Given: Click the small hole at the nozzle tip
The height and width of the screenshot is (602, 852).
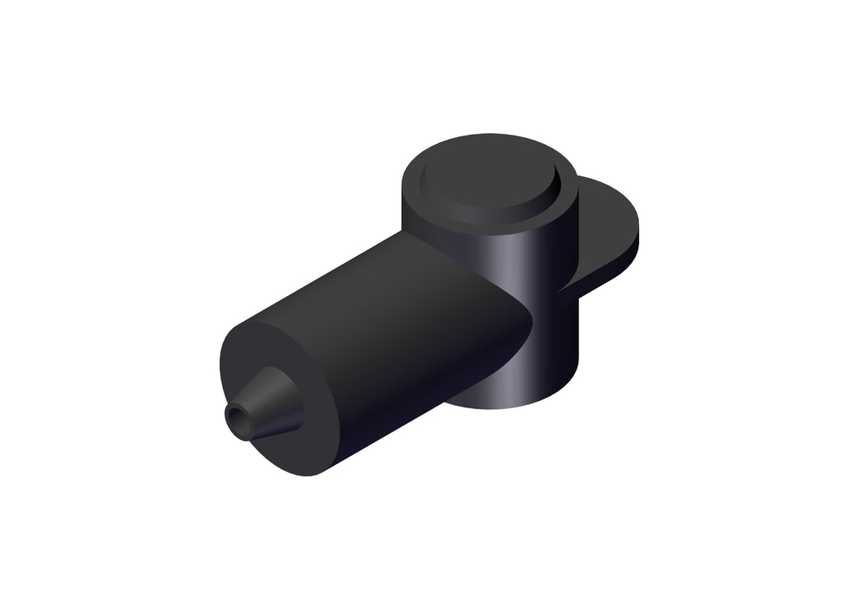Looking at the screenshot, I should coord(240,414).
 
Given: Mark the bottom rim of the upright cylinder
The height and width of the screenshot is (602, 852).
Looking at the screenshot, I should coord(516,405).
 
